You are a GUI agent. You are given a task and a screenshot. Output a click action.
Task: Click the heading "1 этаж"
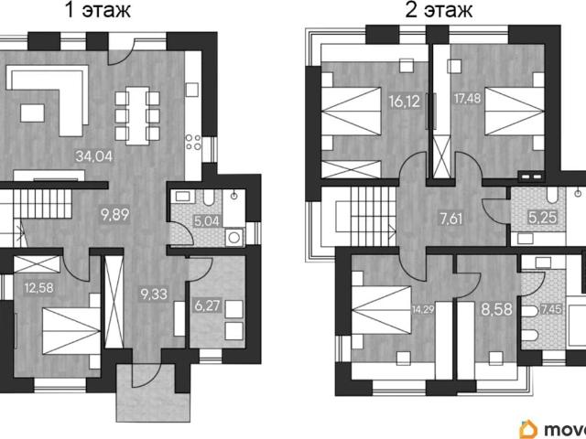pos(98,10)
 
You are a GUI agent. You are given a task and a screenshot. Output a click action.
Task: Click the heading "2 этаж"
pos(439,10)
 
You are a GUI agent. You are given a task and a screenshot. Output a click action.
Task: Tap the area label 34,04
pos(93,156)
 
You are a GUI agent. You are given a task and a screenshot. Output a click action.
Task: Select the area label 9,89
pos(115,214)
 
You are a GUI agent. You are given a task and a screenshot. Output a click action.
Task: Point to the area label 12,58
pos(38,288)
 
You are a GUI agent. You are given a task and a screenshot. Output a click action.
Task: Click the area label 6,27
pos(207,306)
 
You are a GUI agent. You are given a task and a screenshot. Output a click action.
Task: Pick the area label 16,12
pos(405,102)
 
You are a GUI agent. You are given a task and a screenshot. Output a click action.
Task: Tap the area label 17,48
pos(467,99)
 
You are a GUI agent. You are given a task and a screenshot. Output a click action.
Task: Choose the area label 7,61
pos(451,219)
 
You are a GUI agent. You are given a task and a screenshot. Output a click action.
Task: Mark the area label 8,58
pos(496,309)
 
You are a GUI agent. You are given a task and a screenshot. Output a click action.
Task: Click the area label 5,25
pos(542,217)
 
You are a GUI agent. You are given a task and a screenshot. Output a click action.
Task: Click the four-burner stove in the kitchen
pos(193,143)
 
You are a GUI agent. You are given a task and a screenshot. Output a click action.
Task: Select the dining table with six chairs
pos(137,116)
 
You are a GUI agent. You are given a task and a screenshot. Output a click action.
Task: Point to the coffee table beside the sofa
pos(33,113)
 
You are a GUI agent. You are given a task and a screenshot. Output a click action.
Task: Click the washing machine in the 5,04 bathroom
pos(234,238)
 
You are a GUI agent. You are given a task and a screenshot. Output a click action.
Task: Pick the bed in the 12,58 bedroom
pos(71,331)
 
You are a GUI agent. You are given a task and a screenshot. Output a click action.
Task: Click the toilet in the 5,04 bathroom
pos(208,198)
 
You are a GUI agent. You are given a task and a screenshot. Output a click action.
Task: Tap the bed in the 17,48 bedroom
pos(515,112)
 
